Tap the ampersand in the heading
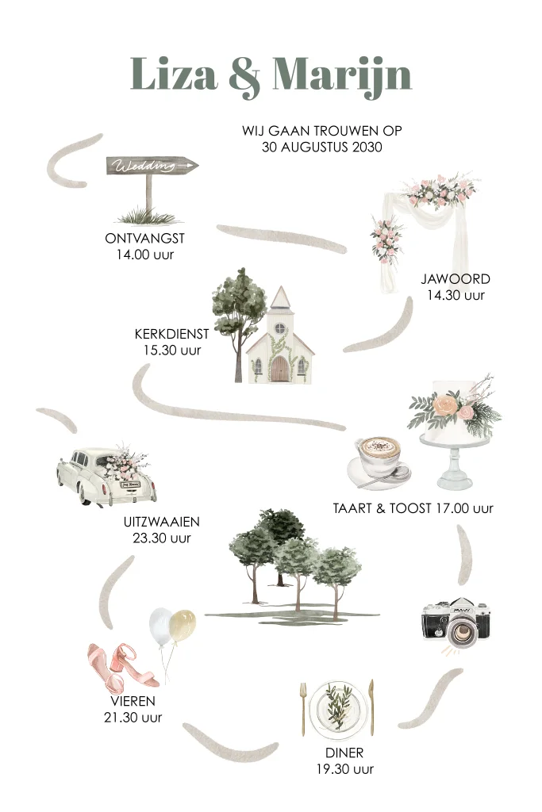coord(244,77)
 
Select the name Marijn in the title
coord(342,77)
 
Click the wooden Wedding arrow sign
coord(152,165)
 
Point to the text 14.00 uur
coord(145,255)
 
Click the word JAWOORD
coord(456,278)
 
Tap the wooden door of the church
coord(280,369)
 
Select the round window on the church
coord(280,327)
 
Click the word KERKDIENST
coord(171,334)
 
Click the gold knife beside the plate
coord(371,707)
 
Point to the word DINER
coord(344,753)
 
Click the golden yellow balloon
coord(183,626)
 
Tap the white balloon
coord(161,626)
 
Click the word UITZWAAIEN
coord(162,522)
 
